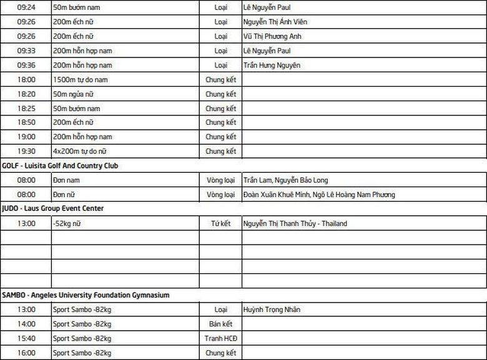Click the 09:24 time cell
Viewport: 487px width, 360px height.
pos(26,7)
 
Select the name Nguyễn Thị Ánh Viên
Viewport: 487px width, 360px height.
pos(275,22)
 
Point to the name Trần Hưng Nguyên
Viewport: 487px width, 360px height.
pos(272,65)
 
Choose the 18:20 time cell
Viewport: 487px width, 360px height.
pos(26,94)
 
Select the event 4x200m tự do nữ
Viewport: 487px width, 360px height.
pos(80,151)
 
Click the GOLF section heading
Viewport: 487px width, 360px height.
pos(60,166)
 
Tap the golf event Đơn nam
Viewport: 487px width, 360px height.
pos(67,180)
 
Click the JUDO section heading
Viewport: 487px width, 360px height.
pos(52,208)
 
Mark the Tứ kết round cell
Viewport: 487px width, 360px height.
pos(220,223)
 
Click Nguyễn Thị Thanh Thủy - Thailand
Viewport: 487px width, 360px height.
pos(295,223)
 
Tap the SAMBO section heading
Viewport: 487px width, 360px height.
pos(86,295)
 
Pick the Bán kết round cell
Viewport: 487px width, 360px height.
pos(220,324)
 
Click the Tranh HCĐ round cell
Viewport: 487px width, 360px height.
pos(220,338)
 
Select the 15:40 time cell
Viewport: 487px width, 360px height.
pos(26,338)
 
